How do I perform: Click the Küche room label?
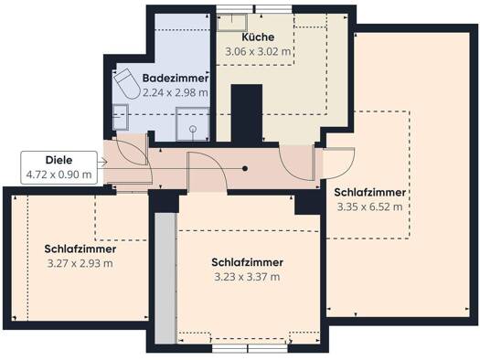258,37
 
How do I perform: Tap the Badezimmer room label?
176,78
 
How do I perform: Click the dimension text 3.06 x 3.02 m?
258,52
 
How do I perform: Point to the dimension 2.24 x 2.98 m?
176,92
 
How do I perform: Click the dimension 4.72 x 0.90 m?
59,175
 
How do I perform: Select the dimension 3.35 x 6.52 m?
369,207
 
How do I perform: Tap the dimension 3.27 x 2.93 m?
80,263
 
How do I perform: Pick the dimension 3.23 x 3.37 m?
247,277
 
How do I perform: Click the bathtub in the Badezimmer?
127,83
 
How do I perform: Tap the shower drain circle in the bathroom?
193,129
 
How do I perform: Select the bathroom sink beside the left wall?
121,117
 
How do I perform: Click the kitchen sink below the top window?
232,22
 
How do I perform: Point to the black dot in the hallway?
245,168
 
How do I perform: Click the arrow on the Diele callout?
102,162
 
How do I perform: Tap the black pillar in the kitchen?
247,115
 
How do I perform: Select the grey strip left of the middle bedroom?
165,278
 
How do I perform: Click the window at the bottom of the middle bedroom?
250,348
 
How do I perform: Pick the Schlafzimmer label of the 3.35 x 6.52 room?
369,193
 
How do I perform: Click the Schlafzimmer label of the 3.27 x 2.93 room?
80,249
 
